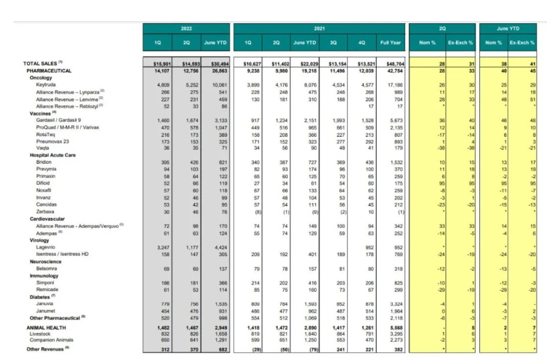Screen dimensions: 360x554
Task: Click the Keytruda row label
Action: tap(45, 85)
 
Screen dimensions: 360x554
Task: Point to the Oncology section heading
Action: tap(41, 77)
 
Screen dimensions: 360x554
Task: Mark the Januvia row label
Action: tap(44, 303)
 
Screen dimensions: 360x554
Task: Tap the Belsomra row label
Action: tap(46, 267)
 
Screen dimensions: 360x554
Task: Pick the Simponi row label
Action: tap(45, 282)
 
